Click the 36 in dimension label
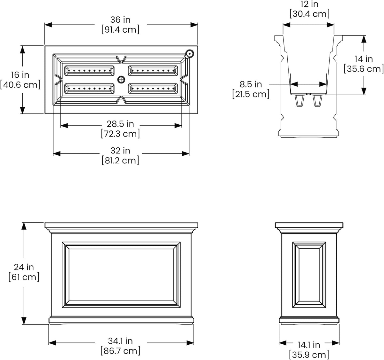pos(120,20)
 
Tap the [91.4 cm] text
pos(120,30)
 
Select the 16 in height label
pos(20,75)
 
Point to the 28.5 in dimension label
pos(120,124)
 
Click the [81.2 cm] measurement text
pos(120,160)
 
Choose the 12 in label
pos(309,4)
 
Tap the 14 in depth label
pos(364,59)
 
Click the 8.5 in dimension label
pos(251,84)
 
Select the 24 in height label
pos(24,267)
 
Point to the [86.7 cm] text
pos(120,351)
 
